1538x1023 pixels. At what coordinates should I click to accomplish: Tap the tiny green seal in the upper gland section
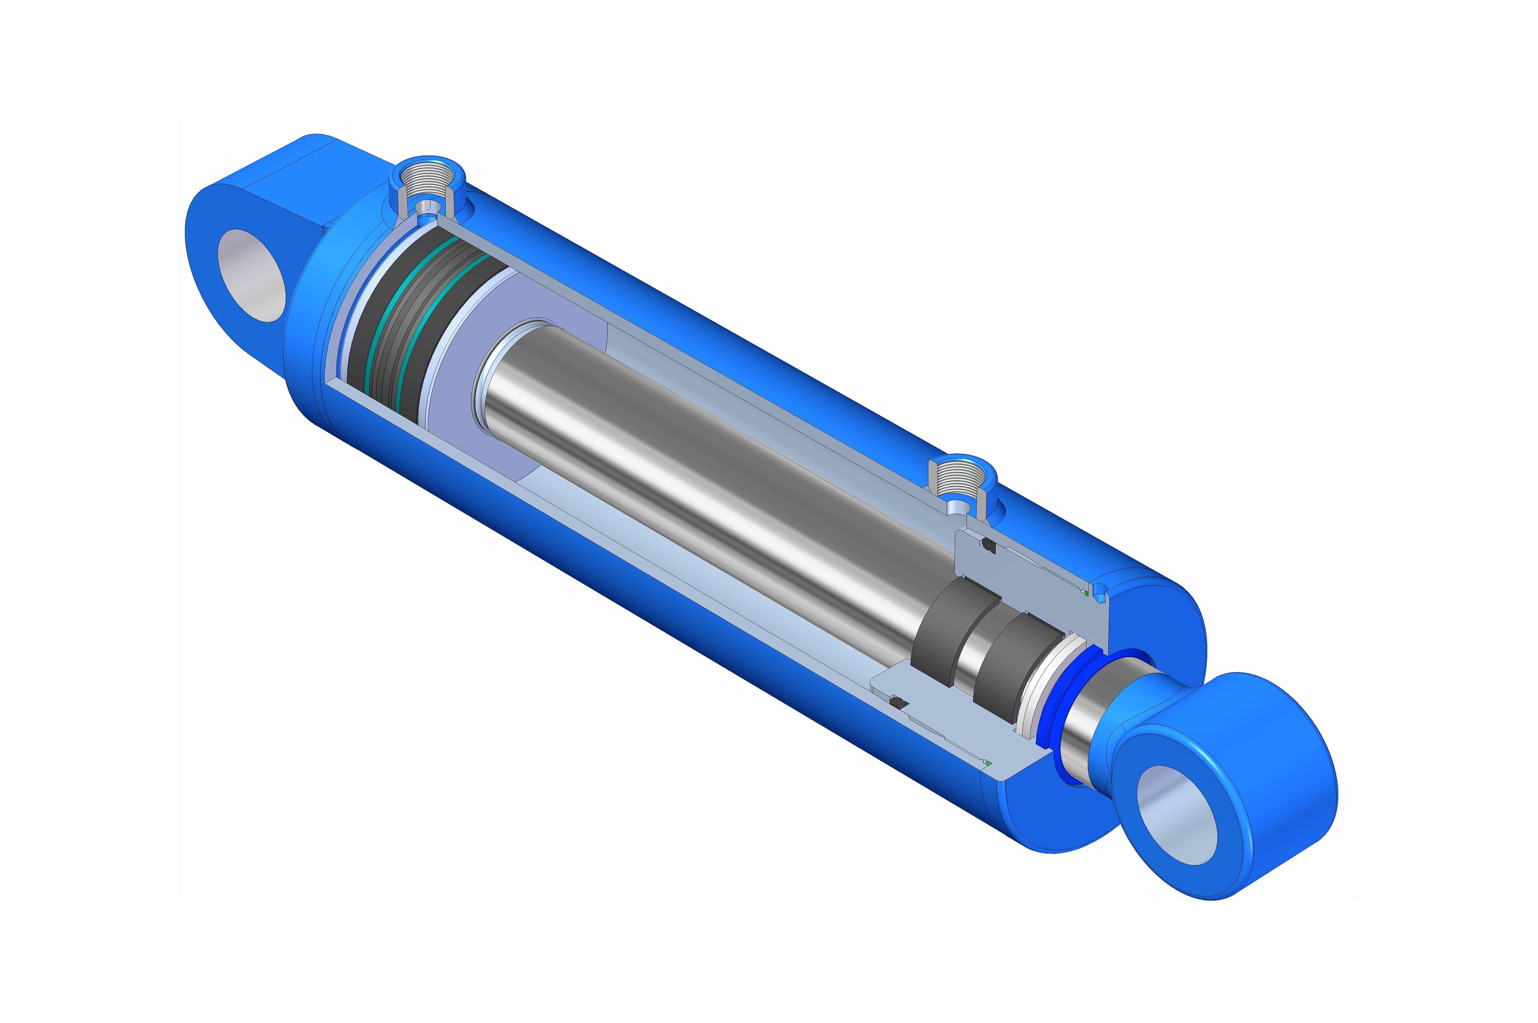[1086, 592]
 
